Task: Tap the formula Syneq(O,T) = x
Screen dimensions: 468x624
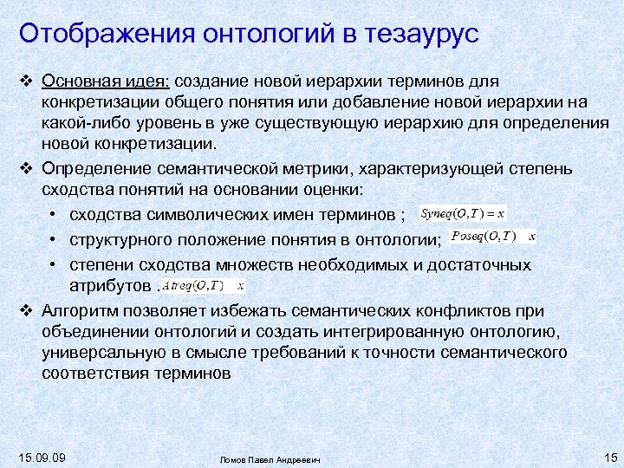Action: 463,213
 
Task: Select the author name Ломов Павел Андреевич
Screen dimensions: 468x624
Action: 270,458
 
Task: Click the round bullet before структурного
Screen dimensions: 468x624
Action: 54,239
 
